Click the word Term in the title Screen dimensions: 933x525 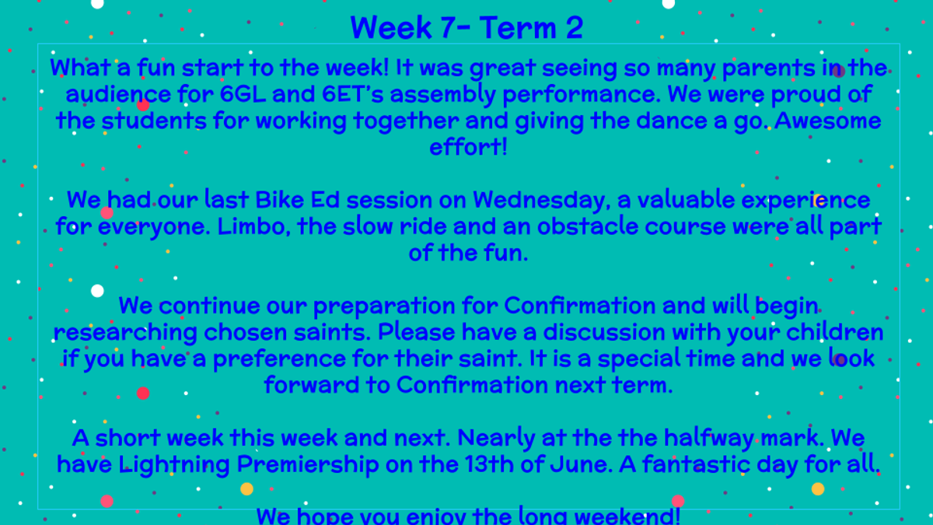[518, 28]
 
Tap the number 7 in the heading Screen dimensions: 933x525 [447, 28]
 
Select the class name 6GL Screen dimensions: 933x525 [243, 94]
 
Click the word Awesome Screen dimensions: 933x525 [827, 121]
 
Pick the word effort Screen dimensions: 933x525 [466, 147]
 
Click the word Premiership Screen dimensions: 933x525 [308, 465]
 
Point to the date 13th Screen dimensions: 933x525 [489, 464]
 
